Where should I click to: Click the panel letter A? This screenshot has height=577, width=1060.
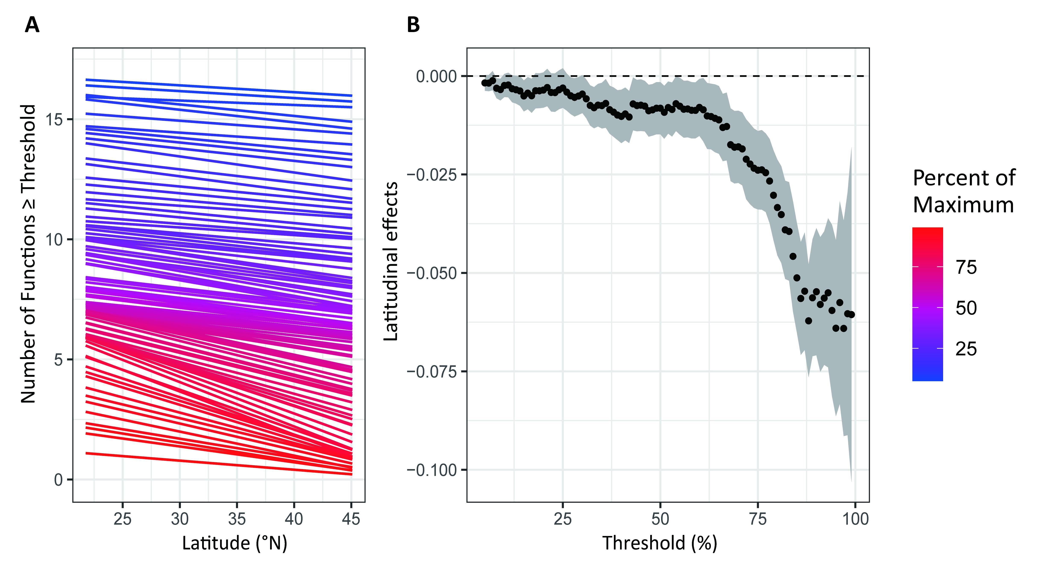pos(32,25)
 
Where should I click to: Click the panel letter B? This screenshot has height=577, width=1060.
pos(413,25)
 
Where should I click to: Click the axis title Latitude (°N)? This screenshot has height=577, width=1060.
pos(235,543)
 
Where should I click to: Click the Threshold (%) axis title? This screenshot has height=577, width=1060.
pos(660,543)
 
